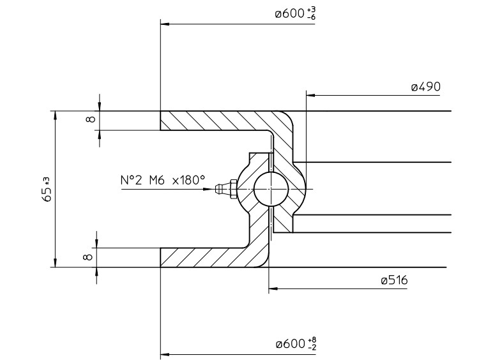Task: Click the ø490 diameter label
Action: click(x=426, y=87)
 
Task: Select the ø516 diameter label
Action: click(x=395, y=280)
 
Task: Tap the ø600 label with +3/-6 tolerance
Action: click(x=295, y=14)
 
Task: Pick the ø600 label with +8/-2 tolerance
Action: click(x=296, y=343)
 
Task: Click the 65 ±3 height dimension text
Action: click(x=47, y=190)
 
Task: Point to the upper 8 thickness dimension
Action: click(x=91, y=119)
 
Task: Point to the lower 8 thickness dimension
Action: click(x=87, y=257)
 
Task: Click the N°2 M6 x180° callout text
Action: click(x=162, y=180)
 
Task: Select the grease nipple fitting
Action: click(x=225, y=190)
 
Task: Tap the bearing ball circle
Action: click(x=271, y=190)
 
